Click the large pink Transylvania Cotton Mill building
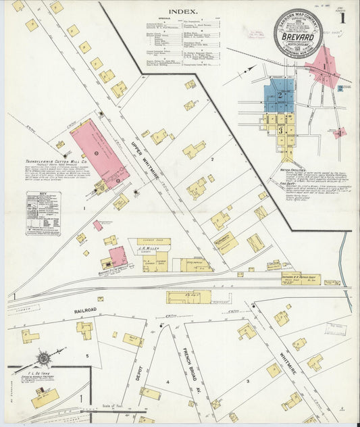[99, 151]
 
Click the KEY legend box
[43, 213]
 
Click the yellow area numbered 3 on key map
[280, 128]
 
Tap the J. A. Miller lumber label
[147, 249]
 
